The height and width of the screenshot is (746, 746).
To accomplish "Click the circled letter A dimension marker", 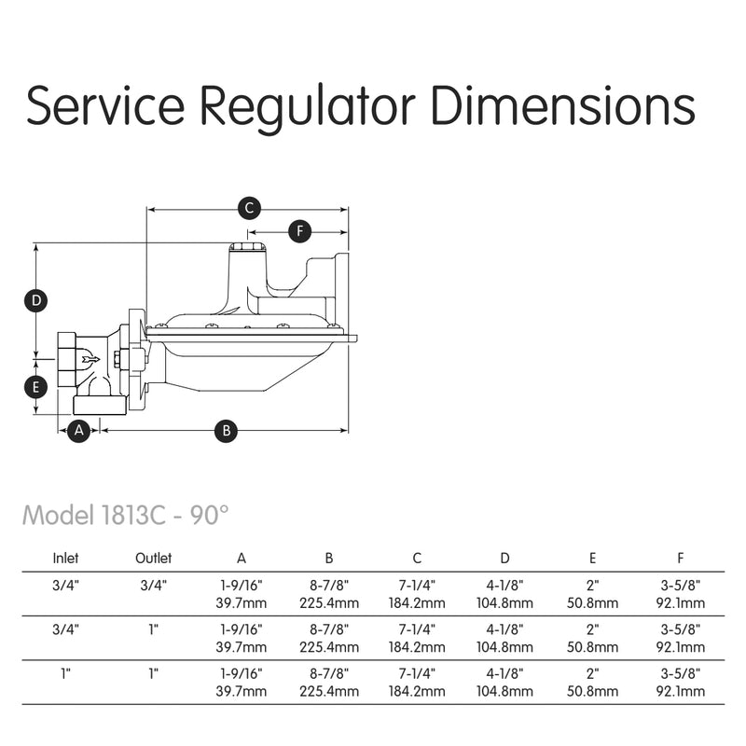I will pyautogui.click(x=79, y=430).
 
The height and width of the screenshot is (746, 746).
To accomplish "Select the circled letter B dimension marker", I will pyautogui.click(x=226, y=430).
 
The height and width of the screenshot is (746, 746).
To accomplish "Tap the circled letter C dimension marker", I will pyautogui.click(x=248, y=208).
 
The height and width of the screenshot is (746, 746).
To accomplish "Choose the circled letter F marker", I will pyautogui.click(x=299, y=230).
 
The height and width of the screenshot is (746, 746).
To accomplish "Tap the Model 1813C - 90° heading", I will pyautogui.click(x=125, y=515).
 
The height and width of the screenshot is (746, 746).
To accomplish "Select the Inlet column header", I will pyautogui.click(x=65, y=559).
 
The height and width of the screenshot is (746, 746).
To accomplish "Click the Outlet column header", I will pyautogui.click(x=153, y=559).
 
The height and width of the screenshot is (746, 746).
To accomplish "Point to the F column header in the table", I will pyautogui.click(x=681, y=559).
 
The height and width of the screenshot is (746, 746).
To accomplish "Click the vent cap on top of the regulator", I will pyautogui.click(x=246, y=247).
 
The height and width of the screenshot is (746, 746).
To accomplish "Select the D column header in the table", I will pyautogui.click(x=504, y=559).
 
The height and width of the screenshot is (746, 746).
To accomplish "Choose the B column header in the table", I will pyautogui.click(x=329, y=559).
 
